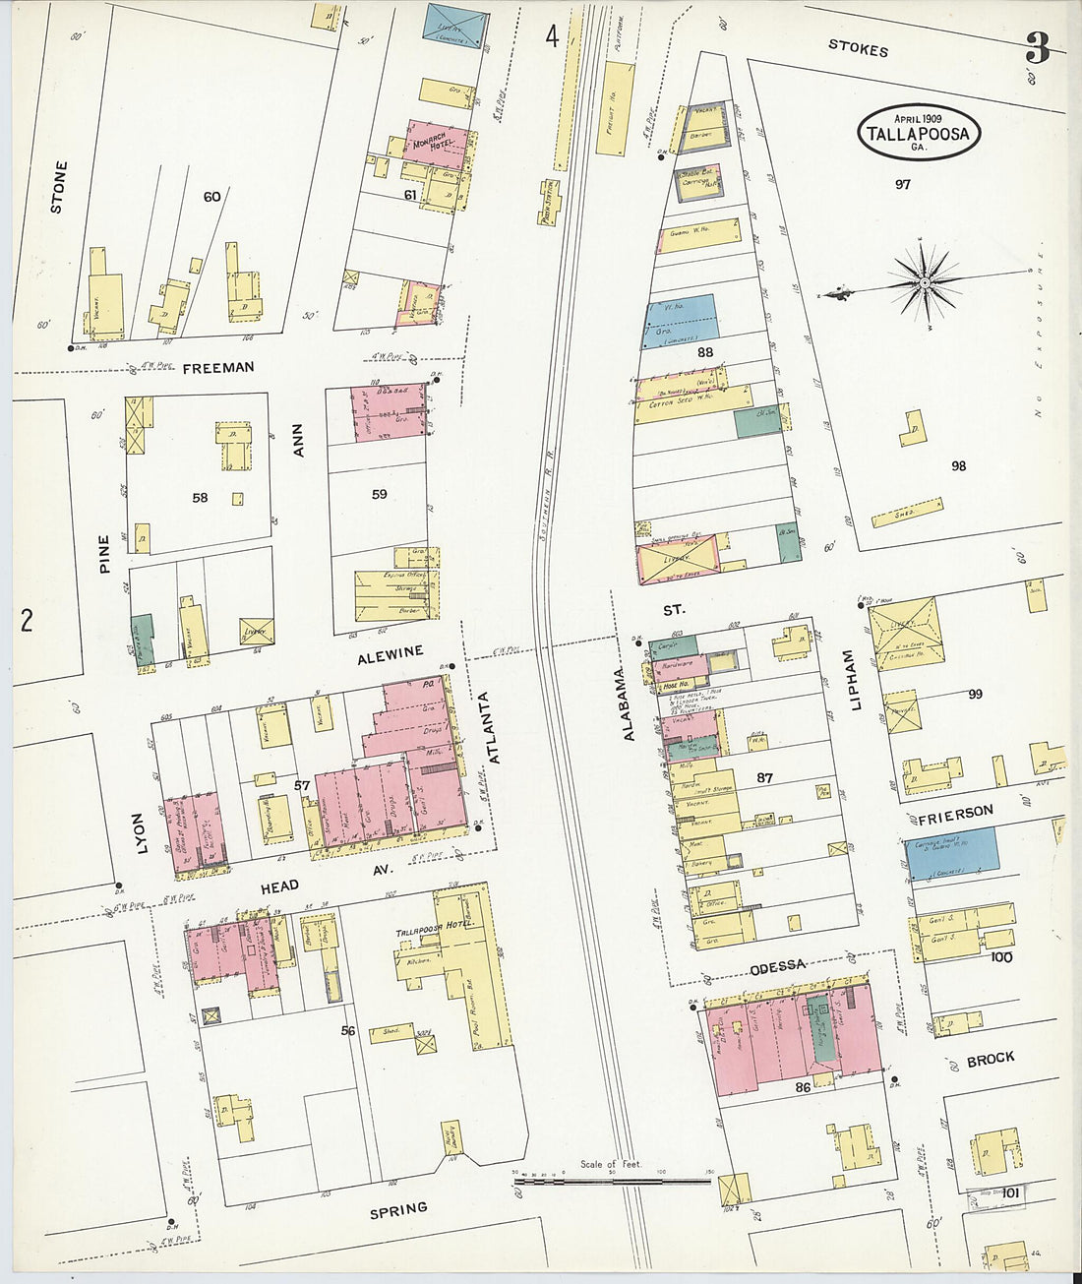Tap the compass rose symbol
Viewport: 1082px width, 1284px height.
[925, 283]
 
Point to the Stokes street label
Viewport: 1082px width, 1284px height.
[858, 48]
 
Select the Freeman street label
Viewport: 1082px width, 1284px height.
[218, 367]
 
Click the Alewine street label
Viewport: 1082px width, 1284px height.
[391, 651]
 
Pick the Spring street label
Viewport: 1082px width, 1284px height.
[398, 1208]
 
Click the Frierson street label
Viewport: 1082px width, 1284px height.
[954, 815]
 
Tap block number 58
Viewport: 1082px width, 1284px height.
[200, 498]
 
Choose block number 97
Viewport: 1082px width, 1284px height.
[902, 184]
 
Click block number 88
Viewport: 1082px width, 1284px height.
[704, 351]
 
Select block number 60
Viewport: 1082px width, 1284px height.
[211, 197]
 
